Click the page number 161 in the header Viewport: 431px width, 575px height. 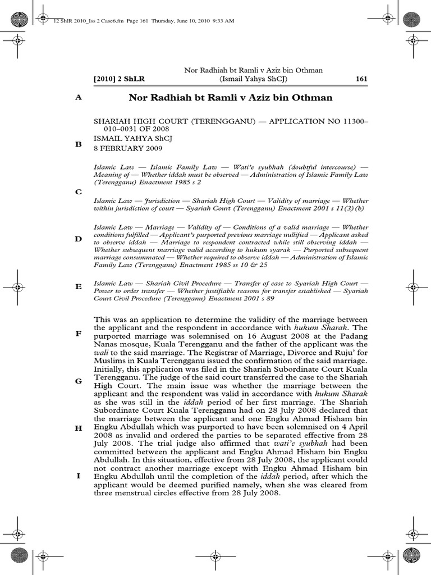click(361, 79)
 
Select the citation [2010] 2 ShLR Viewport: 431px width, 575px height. click(119, 79)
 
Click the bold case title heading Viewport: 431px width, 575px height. click(231, 98)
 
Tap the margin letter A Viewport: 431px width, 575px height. click(79, 97)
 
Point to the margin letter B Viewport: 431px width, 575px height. click(79, 144)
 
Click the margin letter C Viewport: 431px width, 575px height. click(79, 192)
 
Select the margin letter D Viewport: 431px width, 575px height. click(79, 239)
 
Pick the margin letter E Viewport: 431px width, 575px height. click(79, 286)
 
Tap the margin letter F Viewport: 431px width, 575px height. click(79, 334)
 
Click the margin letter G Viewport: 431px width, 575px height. click(79, 381)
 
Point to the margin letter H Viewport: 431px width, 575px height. click(79, 428)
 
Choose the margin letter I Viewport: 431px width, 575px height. click(79, 476)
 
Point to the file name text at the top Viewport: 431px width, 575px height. click(135, 20)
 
